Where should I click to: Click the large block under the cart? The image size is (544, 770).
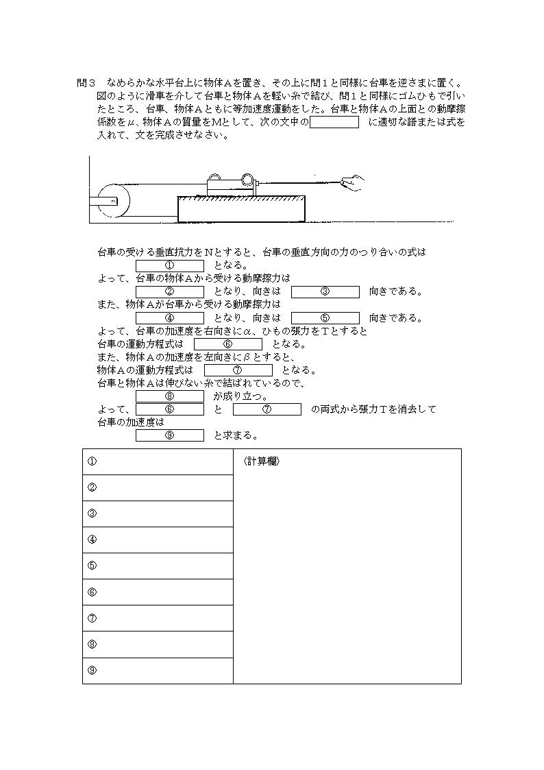click(x=241, y=209)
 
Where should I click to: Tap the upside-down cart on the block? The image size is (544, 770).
click(x=230, y=185)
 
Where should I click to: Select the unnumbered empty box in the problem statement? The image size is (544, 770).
click(x=334, y=123)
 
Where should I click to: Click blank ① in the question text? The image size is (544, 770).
click(x=170, y=265)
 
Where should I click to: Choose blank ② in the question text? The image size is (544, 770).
click(x=170, y=291)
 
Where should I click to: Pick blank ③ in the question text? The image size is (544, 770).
click(x=325, y=291)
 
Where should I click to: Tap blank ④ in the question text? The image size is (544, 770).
click(x=170, y=317)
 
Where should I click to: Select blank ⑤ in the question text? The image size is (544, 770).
click(x=325, y=317)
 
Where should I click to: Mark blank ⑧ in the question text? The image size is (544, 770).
click(x=170, y=396)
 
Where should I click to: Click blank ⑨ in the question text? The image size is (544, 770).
click(x=170, y=435)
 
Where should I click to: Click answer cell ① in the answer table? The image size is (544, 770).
click(x=158, y=461)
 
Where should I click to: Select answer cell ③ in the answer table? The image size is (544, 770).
click(x=158, y=514)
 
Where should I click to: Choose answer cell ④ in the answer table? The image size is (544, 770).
click(x=158, y=540)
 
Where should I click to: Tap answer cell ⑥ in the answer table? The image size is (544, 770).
click(x=158, y=592)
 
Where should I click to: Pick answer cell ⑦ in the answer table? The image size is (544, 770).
click(x=158, y=618)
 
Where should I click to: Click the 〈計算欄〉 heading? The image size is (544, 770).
click(x=261, y=461)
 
